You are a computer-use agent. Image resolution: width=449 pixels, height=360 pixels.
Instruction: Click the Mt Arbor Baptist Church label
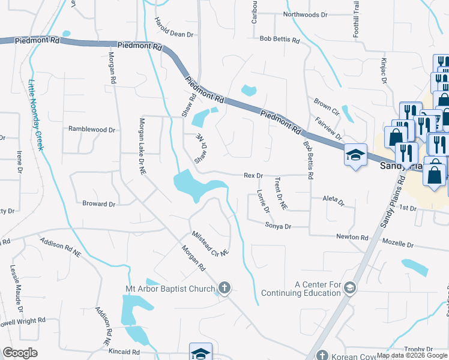(x=170, y=289)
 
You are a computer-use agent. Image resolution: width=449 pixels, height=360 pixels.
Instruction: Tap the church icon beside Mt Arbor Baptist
(x=224, y=289)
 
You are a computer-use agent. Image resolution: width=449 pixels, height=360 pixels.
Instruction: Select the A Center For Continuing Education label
(x=318, y=289)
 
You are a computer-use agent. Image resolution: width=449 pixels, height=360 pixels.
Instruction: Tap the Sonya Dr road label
(x=278, y=226)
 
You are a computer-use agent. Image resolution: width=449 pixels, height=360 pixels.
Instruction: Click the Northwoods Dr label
(x=306, y=14)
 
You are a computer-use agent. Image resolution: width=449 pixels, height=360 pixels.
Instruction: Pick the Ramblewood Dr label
(x=91, y=129)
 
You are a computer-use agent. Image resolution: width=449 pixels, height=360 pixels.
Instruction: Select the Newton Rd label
(x=352, y=237)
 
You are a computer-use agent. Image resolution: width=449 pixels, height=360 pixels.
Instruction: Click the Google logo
(x=20, y=353)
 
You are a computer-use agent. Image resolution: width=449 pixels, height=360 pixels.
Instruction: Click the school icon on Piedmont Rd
(x=355, y=155)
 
